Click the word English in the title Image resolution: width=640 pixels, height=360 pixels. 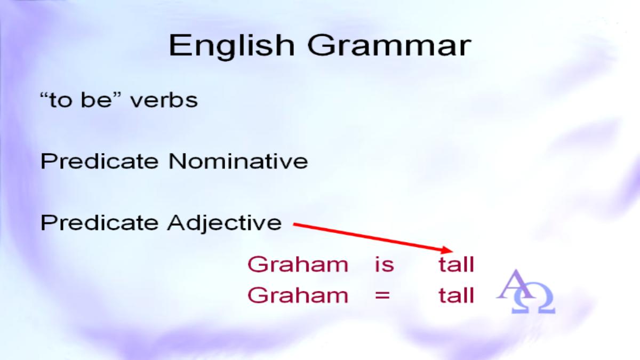pos(231,46)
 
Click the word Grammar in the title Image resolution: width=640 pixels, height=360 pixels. pos(389,46)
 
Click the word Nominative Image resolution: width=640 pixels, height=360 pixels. pos(238,161)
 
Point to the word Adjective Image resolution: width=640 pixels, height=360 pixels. pos(225,223)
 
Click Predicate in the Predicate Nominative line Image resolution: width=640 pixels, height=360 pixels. pos(99,161)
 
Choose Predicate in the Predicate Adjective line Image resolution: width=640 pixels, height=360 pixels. pos(99,222)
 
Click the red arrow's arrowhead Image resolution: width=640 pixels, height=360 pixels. pos(447,250)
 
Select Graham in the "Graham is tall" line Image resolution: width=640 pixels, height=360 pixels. pos(298,265)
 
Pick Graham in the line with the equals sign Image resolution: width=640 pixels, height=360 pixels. pos(298,295)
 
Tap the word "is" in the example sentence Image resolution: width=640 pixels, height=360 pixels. pos(385,265)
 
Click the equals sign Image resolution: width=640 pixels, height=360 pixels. pos(382,295)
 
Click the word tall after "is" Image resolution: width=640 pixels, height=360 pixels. pos(457,265)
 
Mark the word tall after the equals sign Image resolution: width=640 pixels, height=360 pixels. pos(457,295)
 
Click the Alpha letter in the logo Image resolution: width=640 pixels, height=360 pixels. pos(515,285)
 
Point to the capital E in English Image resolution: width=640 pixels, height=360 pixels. pos(178,46)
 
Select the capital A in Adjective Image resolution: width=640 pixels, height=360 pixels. pos(177,222)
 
